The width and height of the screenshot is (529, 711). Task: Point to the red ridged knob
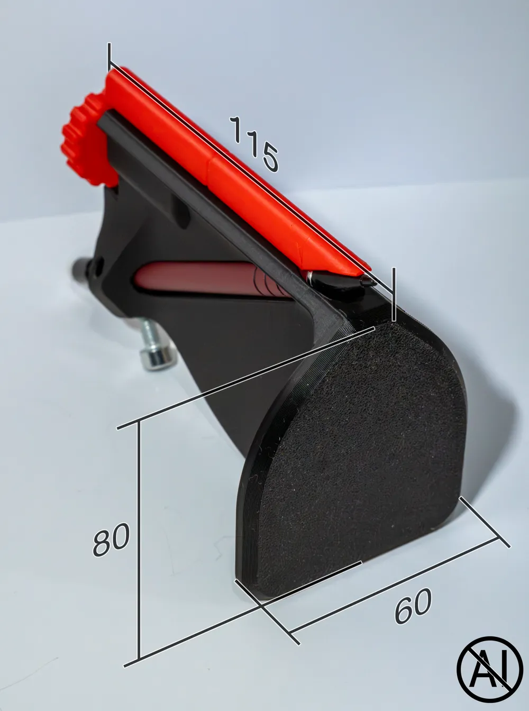84,142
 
